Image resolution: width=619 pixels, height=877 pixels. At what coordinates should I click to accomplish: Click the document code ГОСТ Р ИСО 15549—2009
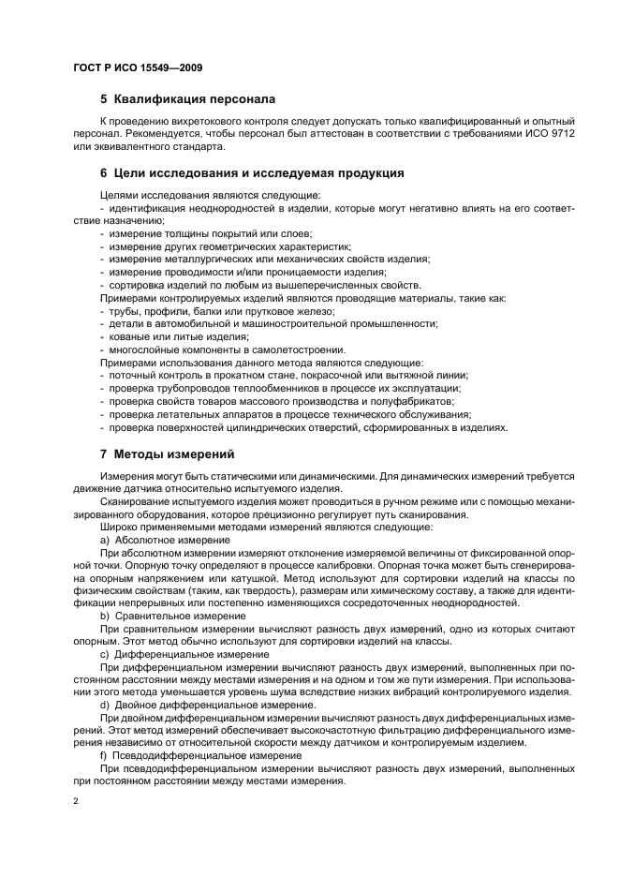click(138, 68)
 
